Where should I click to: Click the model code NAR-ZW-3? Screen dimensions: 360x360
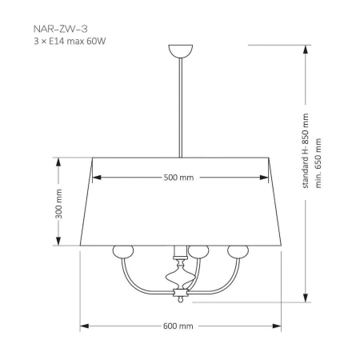(61, 29)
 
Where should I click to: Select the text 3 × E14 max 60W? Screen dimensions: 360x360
(70, 42)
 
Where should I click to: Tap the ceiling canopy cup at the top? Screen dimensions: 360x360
(181, 50)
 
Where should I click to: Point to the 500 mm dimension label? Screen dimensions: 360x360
(178, 178)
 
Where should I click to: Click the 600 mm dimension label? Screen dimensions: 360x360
(178, 326)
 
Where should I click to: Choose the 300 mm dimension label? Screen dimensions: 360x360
(58, 204)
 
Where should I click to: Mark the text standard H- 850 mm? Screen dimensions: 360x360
(306, 151)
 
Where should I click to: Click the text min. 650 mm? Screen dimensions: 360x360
(318, 163)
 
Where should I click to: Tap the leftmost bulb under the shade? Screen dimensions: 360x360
(123, 251)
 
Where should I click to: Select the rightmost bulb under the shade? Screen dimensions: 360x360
(238, 251)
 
